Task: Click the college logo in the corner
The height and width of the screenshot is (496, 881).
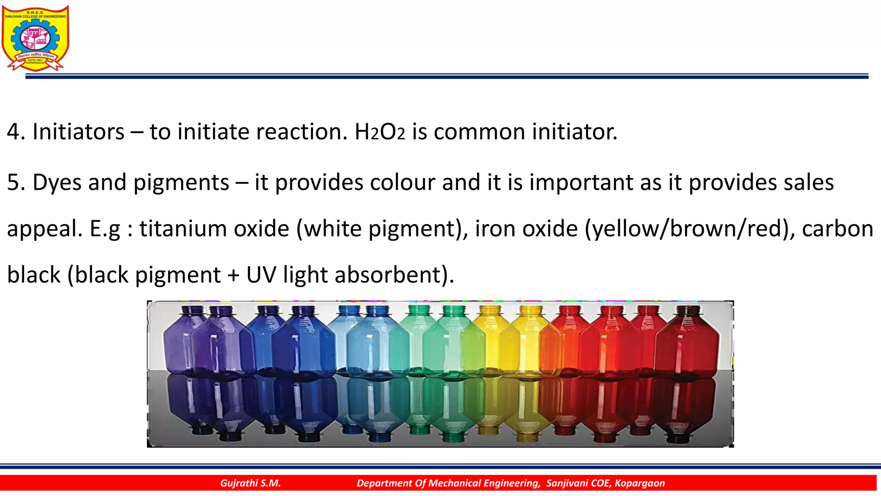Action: click(x=35, y=38)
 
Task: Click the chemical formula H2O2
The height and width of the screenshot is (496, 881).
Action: click(x=379, y=132)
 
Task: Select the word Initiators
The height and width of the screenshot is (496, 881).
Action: click(x=78, y=132)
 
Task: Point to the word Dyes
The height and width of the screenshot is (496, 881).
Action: click(x=57, y=183)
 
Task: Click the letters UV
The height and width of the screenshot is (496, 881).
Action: click(x=261, y=275)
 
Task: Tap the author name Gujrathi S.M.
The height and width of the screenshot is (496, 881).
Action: click(x=250, y=483)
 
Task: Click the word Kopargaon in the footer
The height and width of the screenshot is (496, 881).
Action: click(x=640, y=483)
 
